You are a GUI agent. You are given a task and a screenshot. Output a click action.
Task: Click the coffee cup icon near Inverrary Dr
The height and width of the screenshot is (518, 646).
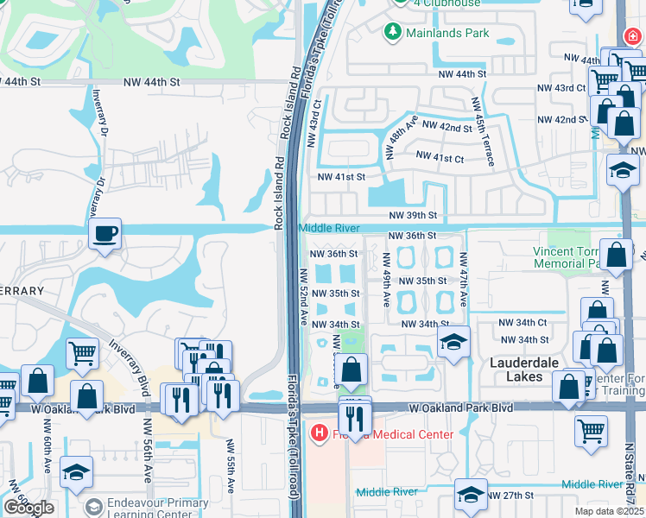[104, 234]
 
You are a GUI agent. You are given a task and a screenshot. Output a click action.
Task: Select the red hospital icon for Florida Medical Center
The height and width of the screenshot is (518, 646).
[319, 433]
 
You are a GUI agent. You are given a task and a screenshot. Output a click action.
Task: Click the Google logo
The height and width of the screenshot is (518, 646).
[28, 508]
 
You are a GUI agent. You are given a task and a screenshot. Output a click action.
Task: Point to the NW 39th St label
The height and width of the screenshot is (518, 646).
[413, 215]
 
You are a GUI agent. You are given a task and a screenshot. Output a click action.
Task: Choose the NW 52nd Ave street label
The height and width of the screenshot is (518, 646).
[304, 296]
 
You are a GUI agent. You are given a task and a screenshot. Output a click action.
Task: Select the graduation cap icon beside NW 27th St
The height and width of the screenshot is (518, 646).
[471, 495]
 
